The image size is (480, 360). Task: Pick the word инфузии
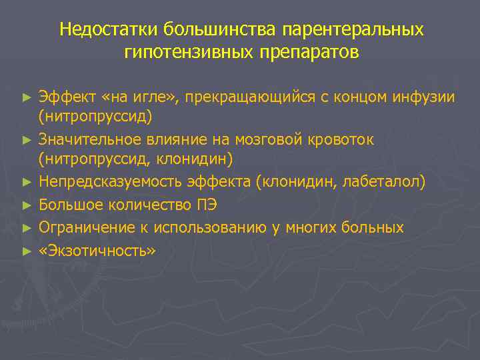tap(425, 98)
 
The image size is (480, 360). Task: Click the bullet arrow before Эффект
tap(27, 98)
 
